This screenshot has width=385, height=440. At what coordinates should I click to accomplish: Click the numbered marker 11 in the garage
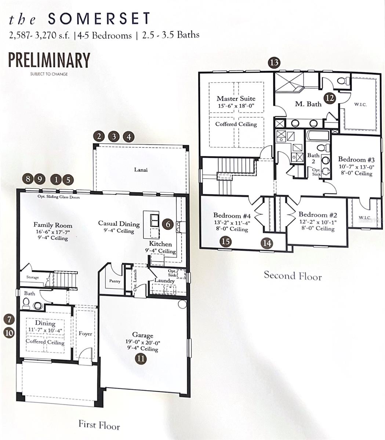pos(141,358)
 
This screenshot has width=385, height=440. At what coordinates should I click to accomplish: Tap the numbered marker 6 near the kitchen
pos(168,224)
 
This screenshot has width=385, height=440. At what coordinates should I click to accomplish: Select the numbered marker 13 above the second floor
pos(274,62)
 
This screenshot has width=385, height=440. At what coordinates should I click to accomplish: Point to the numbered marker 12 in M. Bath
pos(330,98)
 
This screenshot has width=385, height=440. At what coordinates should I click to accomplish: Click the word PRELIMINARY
pos(49,60)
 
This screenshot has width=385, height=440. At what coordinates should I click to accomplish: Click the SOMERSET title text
pos(99,19)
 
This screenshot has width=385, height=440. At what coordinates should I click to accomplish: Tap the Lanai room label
pos(141,170)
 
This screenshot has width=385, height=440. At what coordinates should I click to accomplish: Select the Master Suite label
pos(236,99)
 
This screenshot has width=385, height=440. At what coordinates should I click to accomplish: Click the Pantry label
pos(112,281)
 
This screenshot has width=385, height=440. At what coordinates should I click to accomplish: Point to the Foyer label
pos(86,334)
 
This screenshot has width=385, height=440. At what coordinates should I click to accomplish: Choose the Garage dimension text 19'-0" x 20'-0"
pos(143,342)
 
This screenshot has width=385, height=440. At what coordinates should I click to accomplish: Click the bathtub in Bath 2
pos(317,136)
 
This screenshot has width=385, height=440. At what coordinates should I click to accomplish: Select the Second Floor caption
pos(293,276)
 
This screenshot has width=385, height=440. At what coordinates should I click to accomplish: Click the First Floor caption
pos(99,425)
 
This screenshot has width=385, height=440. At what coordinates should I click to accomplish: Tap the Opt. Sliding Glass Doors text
pos(58,197)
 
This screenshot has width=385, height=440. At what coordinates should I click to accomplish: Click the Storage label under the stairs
pos(32,278)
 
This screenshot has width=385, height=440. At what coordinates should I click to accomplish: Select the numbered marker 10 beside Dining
pos(9,333)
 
